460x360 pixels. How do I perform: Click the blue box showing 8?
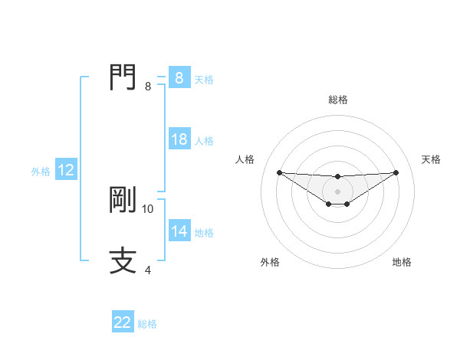click(179, 78)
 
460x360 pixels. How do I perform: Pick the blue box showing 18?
click(179, 139)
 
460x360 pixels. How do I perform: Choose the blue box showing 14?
click(179, 231)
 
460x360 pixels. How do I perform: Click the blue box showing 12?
click(66, 171)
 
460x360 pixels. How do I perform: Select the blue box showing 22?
click(123, 322)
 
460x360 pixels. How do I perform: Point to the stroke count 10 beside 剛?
click(148, 208)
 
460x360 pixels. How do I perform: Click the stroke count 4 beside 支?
click(148, 270)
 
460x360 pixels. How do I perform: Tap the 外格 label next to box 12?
click(41, 172)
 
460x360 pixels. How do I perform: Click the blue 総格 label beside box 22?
click(147, 324)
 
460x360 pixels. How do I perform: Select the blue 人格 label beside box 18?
click(204, 141)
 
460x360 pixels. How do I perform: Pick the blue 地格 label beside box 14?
click(204, 233)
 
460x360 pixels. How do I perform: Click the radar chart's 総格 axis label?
click(338, 100)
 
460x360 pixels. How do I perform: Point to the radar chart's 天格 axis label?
click(431, 159)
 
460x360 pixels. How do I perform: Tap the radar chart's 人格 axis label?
click(245, 159)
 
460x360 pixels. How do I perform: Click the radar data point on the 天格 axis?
click(396, 172)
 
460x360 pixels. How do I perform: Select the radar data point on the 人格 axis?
click(279, 172)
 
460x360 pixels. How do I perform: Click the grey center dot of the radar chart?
click(337, 191)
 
